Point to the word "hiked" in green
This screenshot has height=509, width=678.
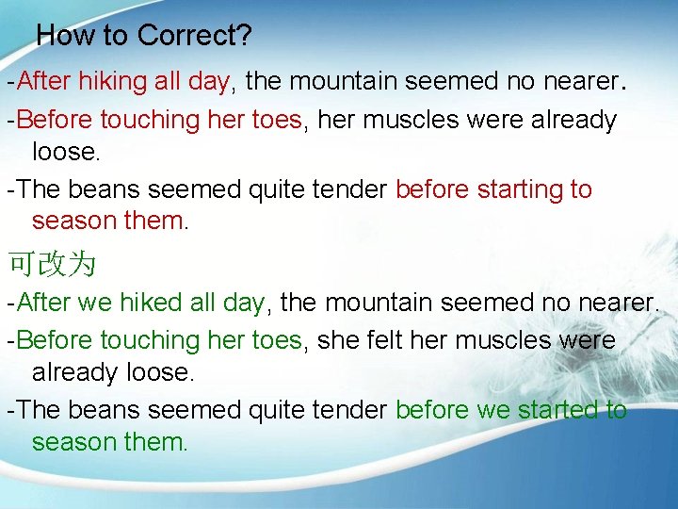click(x=151, y=303)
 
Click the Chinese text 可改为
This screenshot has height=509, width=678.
click(x=51, y=264)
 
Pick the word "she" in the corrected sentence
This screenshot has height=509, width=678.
click(x=337, y=339)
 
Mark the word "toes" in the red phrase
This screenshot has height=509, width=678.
click(x=277, y=120)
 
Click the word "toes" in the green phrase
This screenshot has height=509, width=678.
click(x=277, y=339)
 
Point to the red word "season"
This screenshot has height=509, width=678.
click(x=74, y=221)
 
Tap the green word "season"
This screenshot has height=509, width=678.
click(x=74, y=441)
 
